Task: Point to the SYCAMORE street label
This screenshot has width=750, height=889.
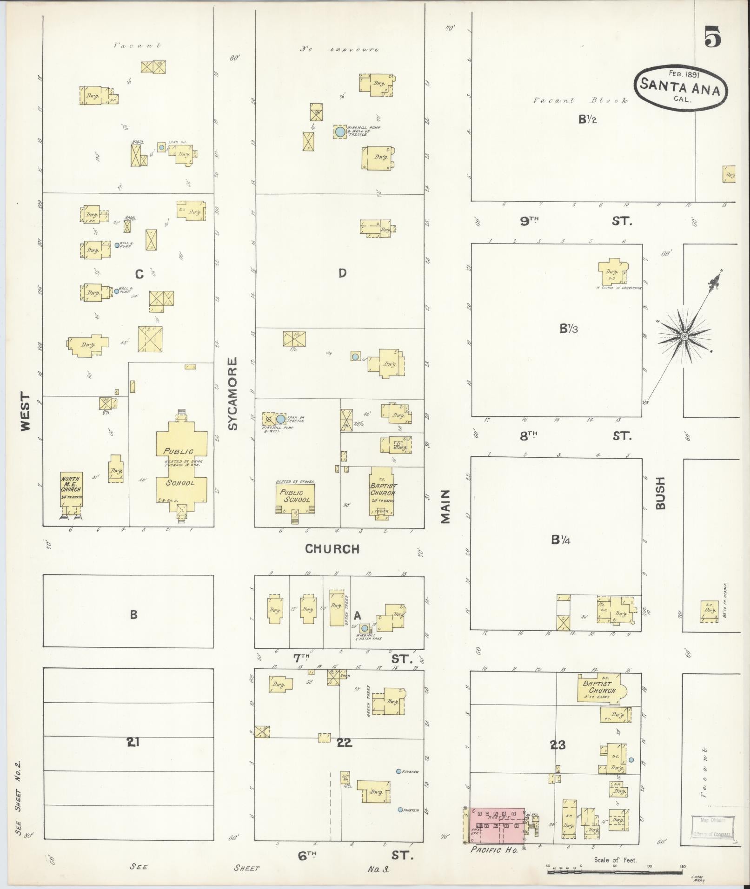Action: [233, 393]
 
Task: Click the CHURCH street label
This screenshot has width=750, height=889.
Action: [332, 549]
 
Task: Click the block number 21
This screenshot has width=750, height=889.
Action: [133, 743]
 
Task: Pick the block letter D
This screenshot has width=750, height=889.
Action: [342, 273]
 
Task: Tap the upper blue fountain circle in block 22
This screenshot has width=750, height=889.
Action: [398, 771]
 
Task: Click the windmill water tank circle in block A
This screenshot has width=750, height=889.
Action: [365, 628]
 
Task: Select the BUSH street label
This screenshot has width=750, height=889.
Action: [661, 493]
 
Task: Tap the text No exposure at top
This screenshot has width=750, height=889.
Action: [339, 49]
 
